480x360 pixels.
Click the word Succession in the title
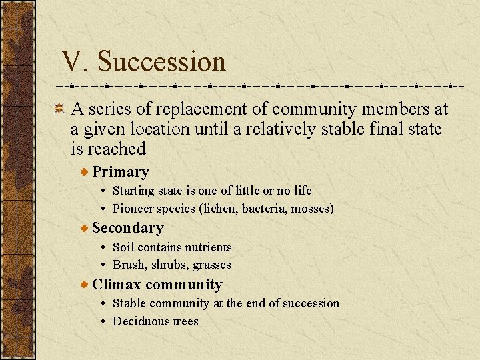(x=161, y=62)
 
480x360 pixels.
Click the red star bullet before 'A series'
(x=59, y=109)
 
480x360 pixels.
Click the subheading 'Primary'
(x=120, y=172)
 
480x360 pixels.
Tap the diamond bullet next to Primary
(x=84, y=172)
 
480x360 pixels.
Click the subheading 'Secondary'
(x=127, y=228)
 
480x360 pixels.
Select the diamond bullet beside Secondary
(x=84, y=228)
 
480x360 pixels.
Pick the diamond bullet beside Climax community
(x=84, y=285)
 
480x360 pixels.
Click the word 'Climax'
(x=117, y=285)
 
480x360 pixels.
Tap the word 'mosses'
(x=311, y=209)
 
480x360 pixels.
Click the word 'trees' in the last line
(x=186, y=321)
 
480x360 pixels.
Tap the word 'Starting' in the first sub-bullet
(x=133, y=191)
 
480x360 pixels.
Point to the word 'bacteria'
(x=263, y=209)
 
